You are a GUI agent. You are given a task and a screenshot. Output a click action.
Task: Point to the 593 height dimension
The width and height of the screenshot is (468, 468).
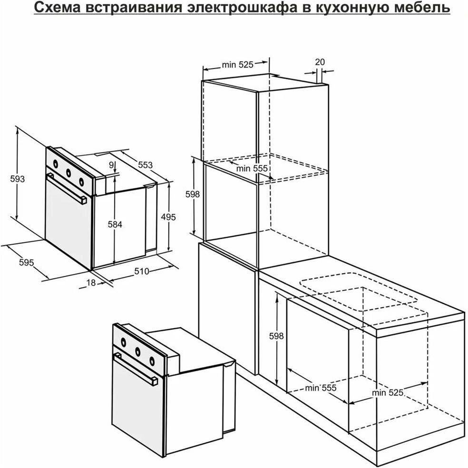(x=17, y=179)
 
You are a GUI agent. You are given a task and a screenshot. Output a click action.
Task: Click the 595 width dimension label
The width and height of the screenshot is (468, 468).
(x=26, y=263)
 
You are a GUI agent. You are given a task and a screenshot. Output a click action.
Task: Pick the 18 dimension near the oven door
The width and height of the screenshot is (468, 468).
(x=91, y=283)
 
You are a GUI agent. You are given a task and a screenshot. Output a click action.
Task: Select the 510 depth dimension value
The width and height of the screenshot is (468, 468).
(x=141, y=271)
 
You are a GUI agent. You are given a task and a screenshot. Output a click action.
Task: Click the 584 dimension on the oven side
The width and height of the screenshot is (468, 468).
(x=115, y=224)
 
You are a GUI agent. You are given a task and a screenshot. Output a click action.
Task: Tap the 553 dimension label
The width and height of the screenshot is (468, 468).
(x=146, y=165)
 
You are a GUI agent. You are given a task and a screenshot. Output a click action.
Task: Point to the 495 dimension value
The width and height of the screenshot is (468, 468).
(x=168, y=217)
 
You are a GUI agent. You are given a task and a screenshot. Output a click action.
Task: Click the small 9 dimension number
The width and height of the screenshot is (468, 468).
(x=111, y=165)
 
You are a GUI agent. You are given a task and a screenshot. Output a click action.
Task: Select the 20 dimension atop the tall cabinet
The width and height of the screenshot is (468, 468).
(x=320, y=62)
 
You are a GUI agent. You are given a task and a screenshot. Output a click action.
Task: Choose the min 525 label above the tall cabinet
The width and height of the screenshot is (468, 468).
(x=238, y=65)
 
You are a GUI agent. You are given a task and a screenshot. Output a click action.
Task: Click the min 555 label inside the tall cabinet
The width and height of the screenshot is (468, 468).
(x=252, y=168)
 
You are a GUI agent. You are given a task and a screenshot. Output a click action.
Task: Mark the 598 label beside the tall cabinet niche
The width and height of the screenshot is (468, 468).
(x=193, y=195)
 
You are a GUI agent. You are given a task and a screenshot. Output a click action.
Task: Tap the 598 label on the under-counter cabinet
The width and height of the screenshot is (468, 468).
(x=276, y=336)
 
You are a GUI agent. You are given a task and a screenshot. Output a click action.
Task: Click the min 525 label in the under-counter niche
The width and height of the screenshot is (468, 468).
(x=388, y=393)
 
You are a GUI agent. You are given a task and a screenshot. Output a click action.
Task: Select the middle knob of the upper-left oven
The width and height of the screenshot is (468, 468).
(x=68, y=173)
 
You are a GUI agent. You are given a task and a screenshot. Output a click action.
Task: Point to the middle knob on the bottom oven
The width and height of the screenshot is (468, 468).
(x=137, y=351)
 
